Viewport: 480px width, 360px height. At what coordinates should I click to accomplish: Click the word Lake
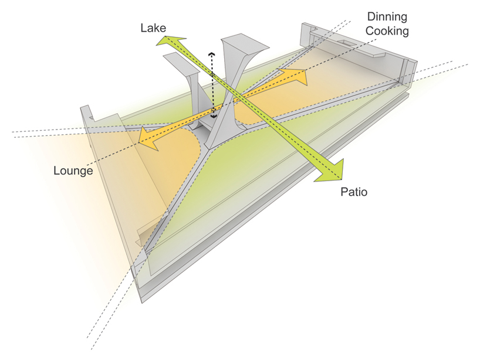[x=153, y=28]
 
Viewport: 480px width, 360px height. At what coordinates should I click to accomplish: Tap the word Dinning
[x=387, y=17]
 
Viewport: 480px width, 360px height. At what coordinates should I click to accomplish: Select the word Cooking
[x=387, y=31]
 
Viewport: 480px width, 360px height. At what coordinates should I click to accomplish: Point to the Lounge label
[x=73, y=171]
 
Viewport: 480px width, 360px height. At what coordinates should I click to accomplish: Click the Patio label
[x=354, y=192]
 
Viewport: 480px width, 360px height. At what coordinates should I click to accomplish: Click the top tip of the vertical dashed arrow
[x=211, y=53]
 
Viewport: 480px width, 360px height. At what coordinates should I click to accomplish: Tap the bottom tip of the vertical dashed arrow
[x=214, y=117]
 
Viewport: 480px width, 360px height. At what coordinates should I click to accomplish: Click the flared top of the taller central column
[x=245, y=44]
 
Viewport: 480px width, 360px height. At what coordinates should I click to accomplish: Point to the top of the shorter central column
[x=181, y=63]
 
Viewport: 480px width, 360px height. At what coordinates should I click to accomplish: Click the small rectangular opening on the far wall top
[x=347, y=43]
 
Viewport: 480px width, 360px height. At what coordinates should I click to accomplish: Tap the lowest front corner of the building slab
[x=142, y=303]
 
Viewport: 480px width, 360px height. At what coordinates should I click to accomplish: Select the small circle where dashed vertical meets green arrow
[x=212, y=74]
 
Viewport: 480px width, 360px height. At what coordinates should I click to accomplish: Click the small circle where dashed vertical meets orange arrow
[x=213, y=109]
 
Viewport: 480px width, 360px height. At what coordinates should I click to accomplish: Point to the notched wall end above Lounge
[x=87, y=114]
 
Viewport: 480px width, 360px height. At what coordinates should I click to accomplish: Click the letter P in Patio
[x=344, y=192]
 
